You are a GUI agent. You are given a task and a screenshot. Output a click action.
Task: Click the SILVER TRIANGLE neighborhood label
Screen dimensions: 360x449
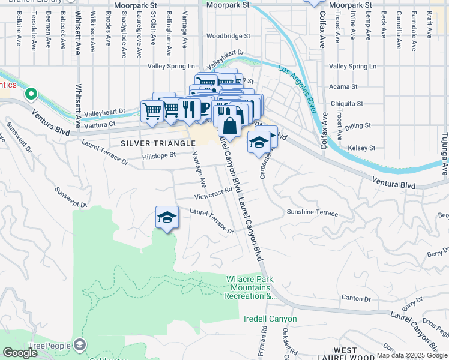coord(158,143)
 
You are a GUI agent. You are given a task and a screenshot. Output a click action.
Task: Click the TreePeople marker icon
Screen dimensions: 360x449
coord(80,344)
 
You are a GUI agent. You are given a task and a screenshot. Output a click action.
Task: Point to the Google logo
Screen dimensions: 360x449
coord(20,353)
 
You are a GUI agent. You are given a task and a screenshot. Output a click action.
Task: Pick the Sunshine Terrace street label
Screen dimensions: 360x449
coord(312,213)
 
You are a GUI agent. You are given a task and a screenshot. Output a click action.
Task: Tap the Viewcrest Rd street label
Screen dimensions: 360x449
coord(212,194)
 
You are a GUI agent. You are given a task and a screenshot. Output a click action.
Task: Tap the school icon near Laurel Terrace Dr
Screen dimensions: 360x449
coord(167,217)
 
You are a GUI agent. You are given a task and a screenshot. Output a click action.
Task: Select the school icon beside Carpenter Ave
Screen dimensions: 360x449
coord(259,142)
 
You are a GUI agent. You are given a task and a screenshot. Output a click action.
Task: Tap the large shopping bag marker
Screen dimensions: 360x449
coord(229,125)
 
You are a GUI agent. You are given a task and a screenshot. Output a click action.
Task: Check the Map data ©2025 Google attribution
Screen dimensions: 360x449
coord(412,355)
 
